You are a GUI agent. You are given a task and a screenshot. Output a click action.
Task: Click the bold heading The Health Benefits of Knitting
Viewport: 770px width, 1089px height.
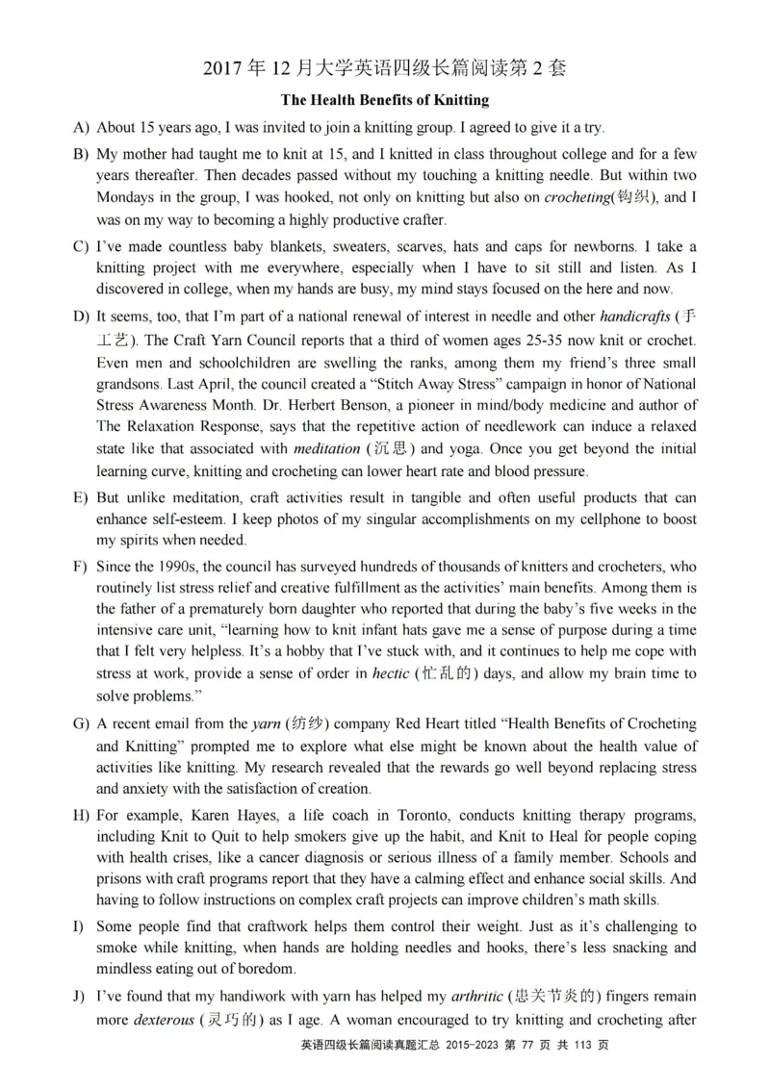385,100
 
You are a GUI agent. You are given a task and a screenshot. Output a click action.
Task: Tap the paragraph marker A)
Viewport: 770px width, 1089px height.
81,128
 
